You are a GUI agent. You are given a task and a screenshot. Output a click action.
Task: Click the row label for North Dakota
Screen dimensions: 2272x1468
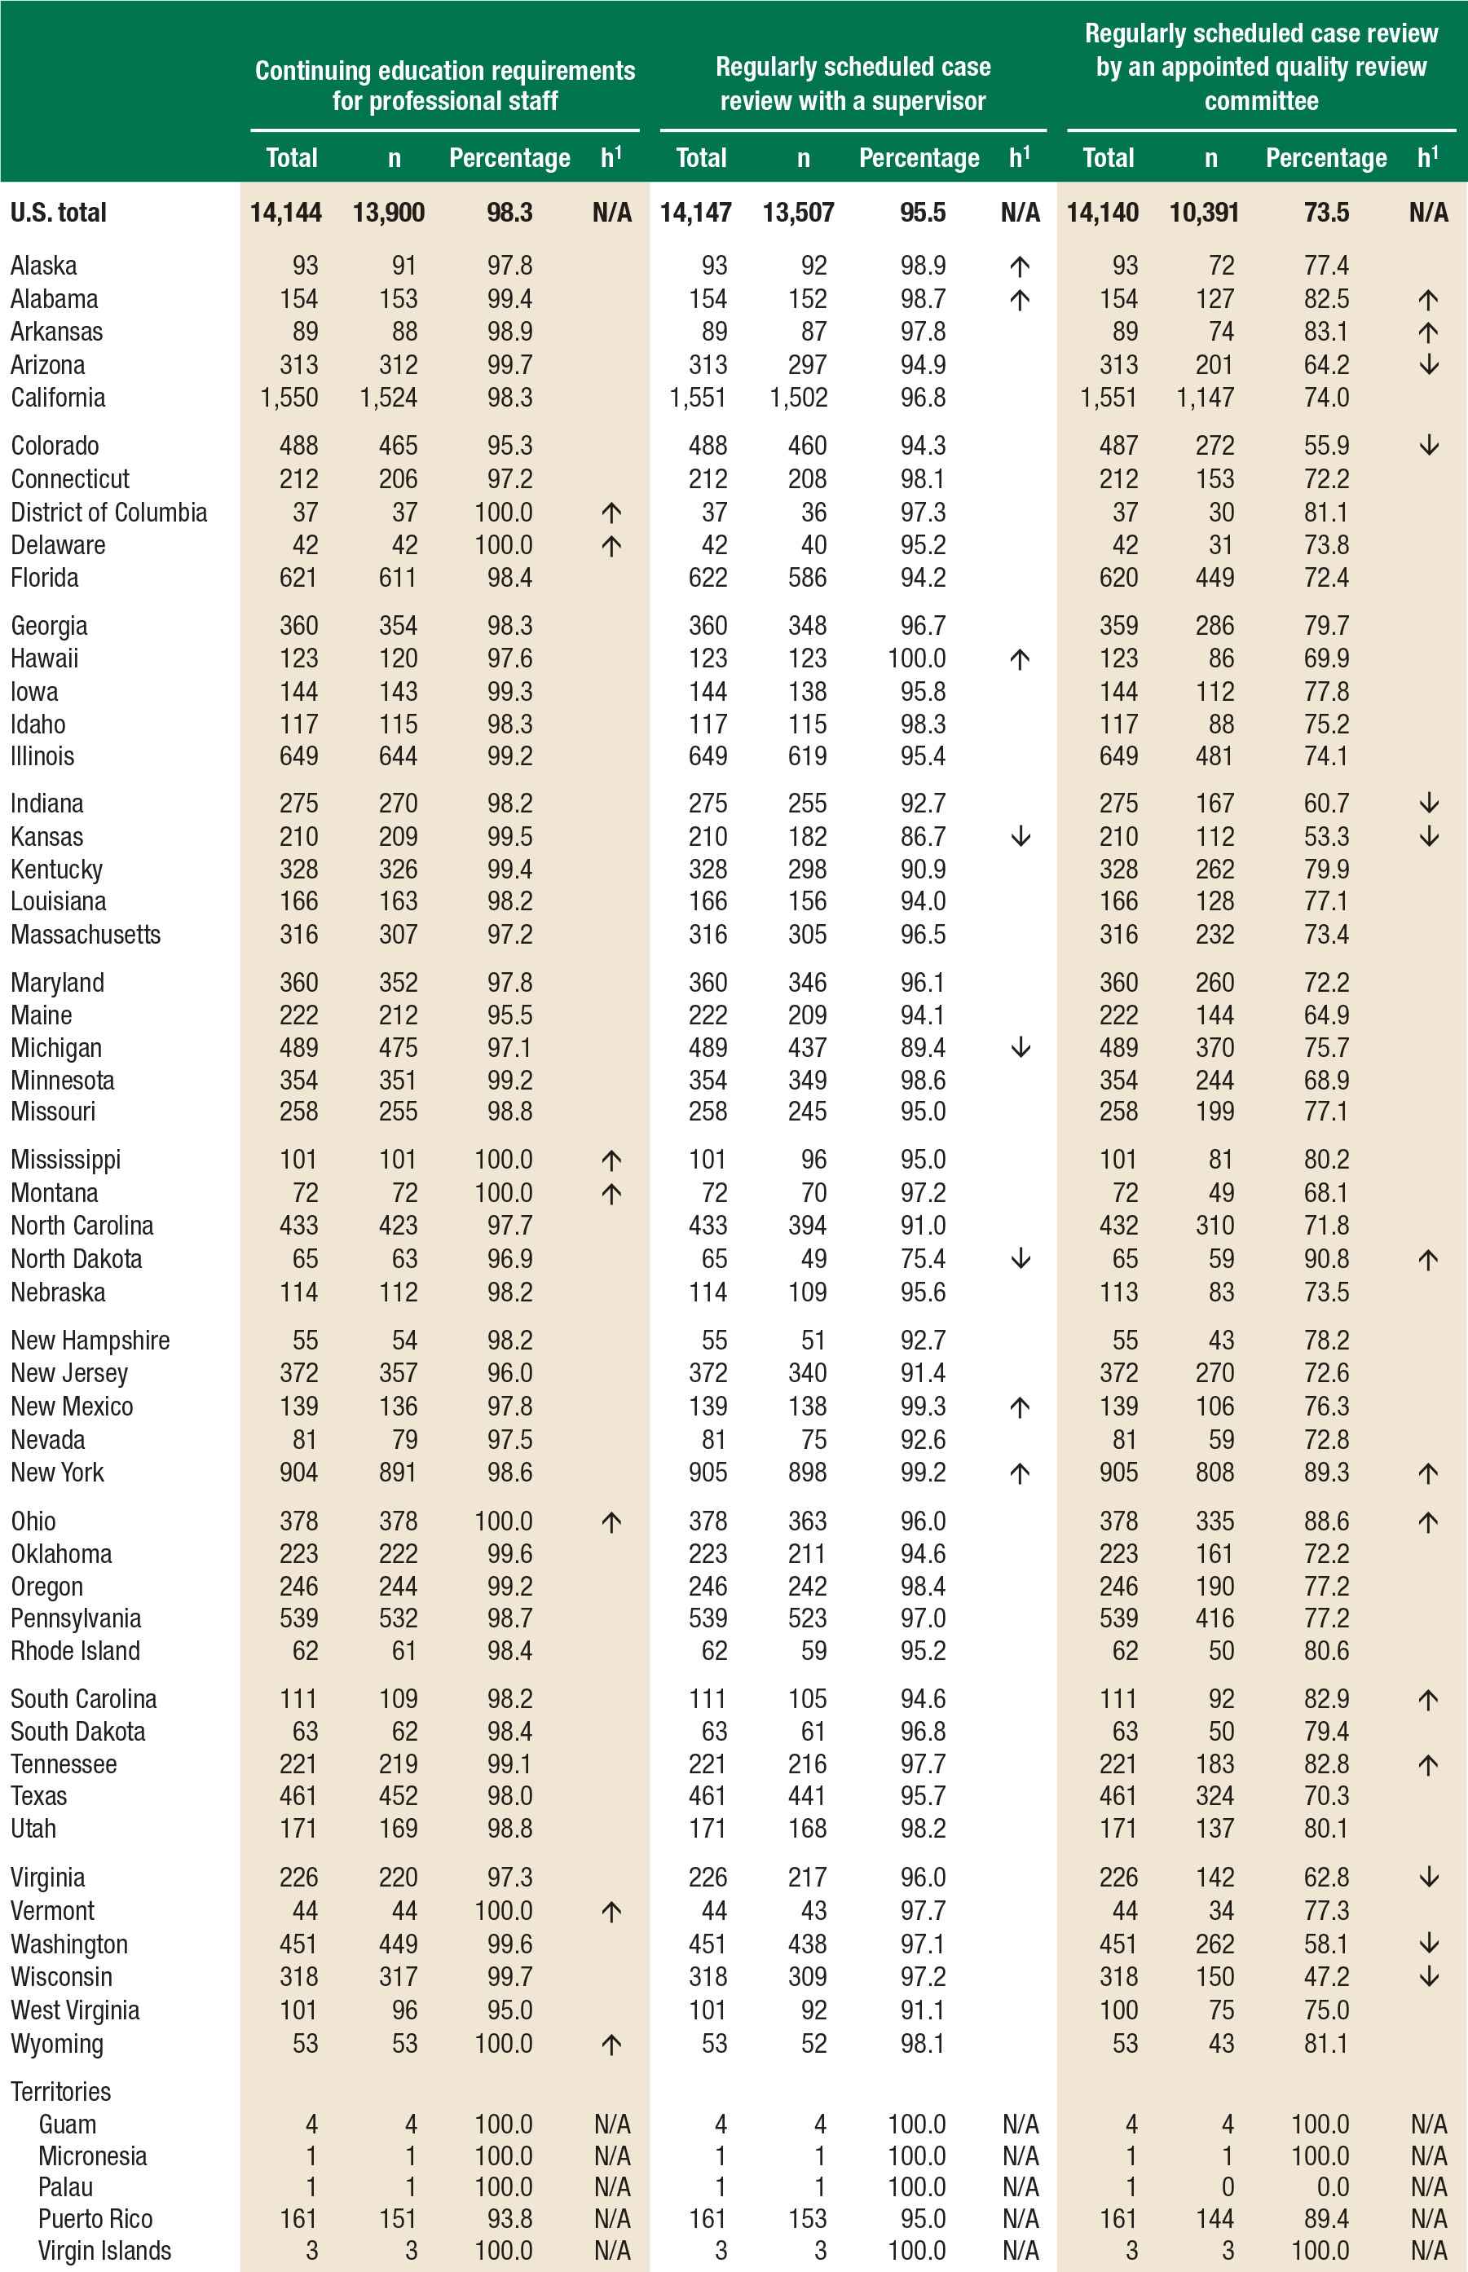(77, 1259)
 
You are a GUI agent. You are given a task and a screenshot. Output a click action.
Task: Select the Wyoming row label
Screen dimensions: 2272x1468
(57, 2043)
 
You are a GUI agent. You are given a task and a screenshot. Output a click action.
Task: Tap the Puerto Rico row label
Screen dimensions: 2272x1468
(95, 2219)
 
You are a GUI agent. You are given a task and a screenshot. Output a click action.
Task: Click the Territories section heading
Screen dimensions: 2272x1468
(61, 2092)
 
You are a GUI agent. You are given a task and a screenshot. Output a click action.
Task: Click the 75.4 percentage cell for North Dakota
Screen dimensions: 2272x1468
(923, 1259)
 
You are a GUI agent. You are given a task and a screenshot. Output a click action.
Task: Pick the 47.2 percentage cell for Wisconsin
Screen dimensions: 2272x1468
(1326, 1976)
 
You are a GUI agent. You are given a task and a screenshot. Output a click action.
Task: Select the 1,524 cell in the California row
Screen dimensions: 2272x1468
(388, 398)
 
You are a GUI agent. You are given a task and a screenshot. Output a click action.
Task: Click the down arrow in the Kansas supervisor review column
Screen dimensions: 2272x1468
(1020, 837)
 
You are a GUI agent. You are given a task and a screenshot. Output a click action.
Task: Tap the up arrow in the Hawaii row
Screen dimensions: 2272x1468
(1020, 658)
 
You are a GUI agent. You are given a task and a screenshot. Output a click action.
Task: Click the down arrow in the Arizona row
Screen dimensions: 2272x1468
(1428, 365)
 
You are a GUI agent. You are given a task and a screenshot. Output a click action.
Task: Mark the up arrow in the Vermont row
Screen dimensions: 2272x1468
(611, 1911)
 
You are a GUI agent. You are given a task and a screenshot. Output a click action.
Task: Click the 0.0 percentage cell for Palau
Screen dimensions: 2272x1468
(1332, 2187)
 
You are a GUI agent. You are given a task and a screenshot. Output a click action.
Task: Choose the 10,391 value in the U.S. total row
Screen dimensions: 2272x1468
(1204, 213)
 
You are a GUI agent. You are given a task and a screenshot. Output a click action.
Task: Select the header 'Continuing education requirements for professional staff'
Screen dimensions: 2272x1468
(444, 86)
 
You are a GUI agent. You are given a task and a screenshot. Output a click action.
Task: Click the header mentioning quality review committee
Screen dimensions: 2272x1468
(1260, 67)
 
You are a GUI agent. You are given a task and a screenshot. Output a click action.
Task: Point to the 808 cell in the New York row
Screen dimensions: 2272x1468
(1215, 1473)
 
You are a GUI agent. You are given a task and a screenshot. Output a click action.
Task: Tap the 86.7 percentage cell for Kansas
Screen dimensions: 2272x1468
(923, 837)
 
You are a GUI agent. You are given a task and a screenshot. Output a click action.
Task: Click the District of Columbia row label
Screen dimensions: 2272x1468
(108, 513)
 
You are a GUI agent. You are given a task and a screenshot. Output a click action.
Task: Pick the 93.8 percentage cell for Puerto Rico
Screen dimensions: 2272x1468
(510, 2219)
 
